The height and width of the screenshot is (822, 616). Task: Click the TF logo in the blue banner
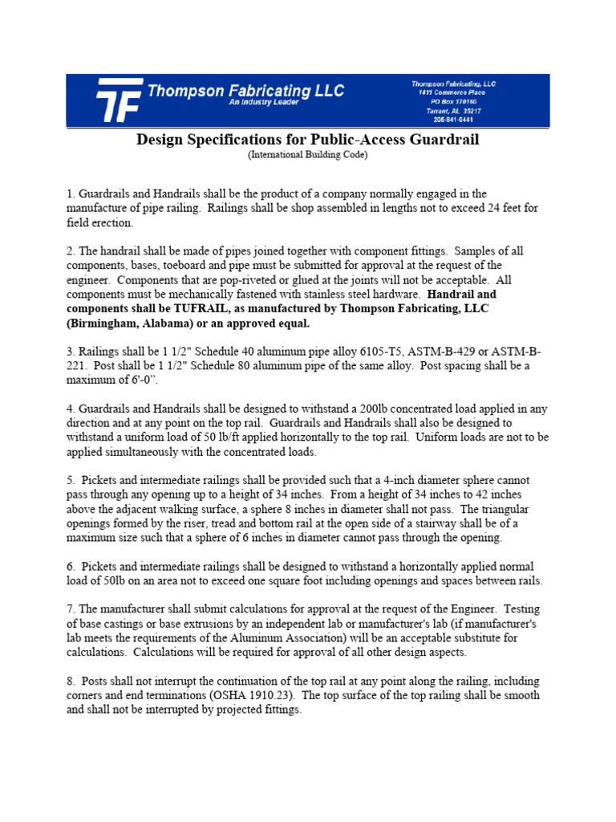[x=119, y=101]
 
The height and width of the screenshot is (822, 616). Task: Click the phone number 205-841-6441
[x=453, y=120]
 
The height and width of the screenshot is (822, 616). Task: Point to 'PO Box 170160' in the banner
[x=453, y=102]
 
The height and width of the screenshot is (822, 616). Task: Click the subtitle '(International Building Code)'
[x=307, y=155]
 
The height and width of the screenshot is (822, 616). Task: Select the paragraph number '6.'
[x=71, y=568]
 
